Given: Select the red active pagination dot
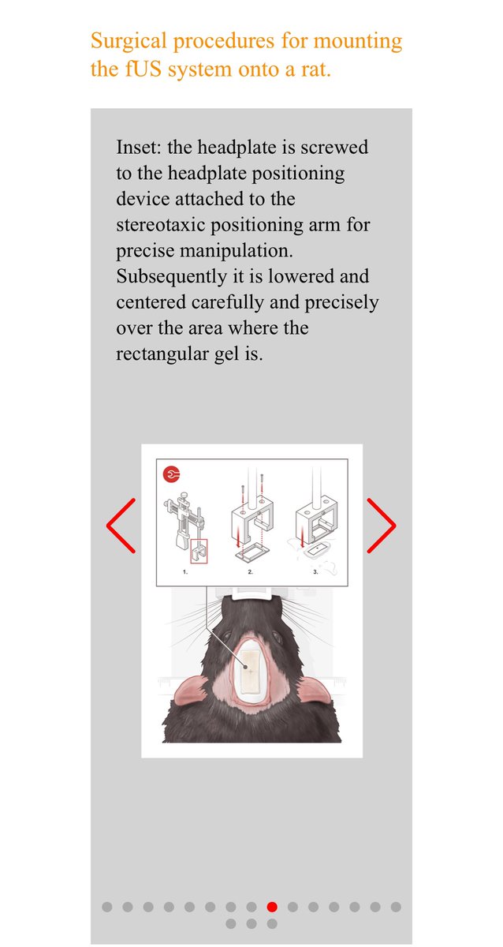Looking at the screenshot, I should pos(272,907).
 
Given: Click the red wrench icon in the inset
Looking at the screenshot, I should pos(171,473).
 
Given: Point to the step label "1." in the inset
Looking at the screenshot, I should pos(185,573).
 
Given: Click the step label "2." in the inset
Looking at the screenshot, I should pos(251,573).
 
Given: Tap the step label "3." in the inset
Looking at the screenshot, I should pos(316,573).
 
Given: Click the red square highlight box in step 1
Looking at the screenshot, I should pos(199,551).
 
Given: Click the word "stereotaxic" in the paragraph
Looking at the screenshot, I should pos(164,225).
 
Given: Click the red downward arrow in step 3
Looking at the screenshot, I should pos(303,539).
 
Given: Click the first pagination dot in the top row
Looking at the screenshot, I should pos(107,907).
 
